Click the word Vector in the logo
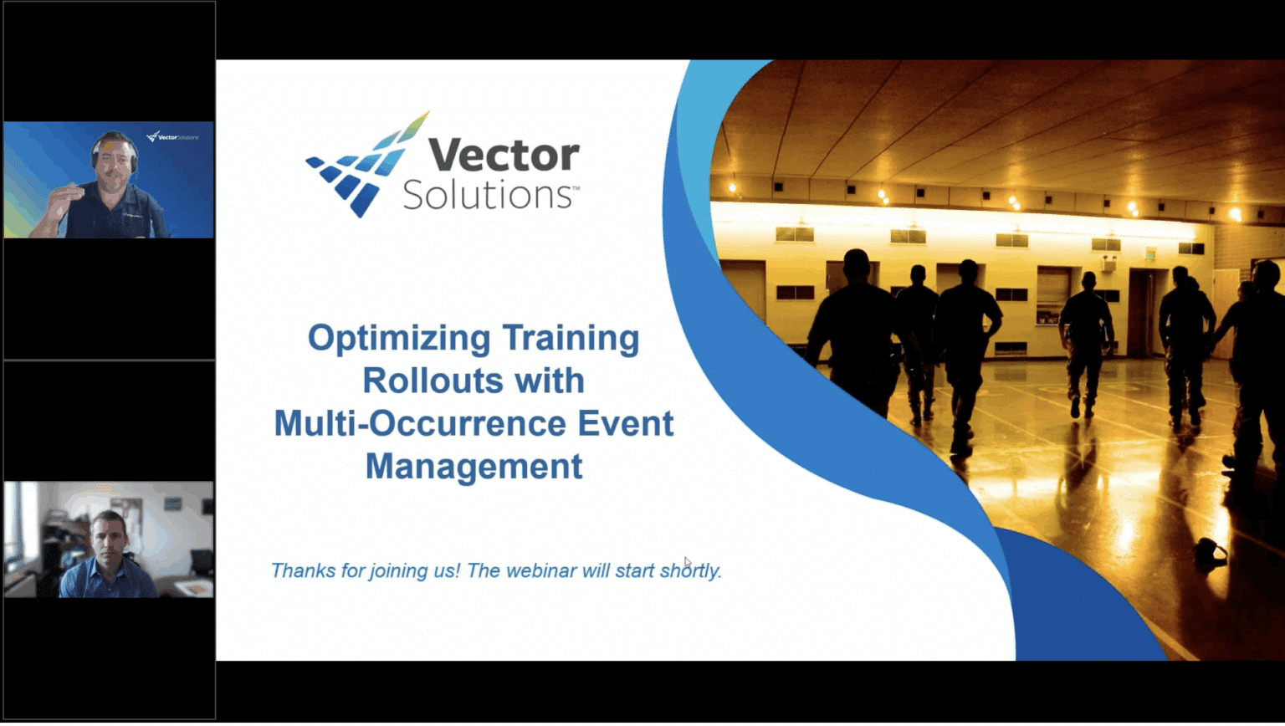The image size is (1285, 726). pos(504,156)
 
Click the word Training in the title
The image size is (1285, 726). pos(571,338)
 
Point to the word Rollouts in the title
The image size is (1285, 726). pos(427,381)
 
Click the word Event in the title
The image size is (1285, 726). pos(625,423)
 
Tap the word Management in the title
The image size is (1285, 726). pos(474,466)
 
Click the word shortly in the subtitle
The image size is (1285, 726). pos(690,571)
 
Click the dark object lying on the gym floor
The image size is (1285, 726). pos(1210,553)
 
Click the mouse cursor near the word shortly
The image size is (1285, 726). pos(687,561)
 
